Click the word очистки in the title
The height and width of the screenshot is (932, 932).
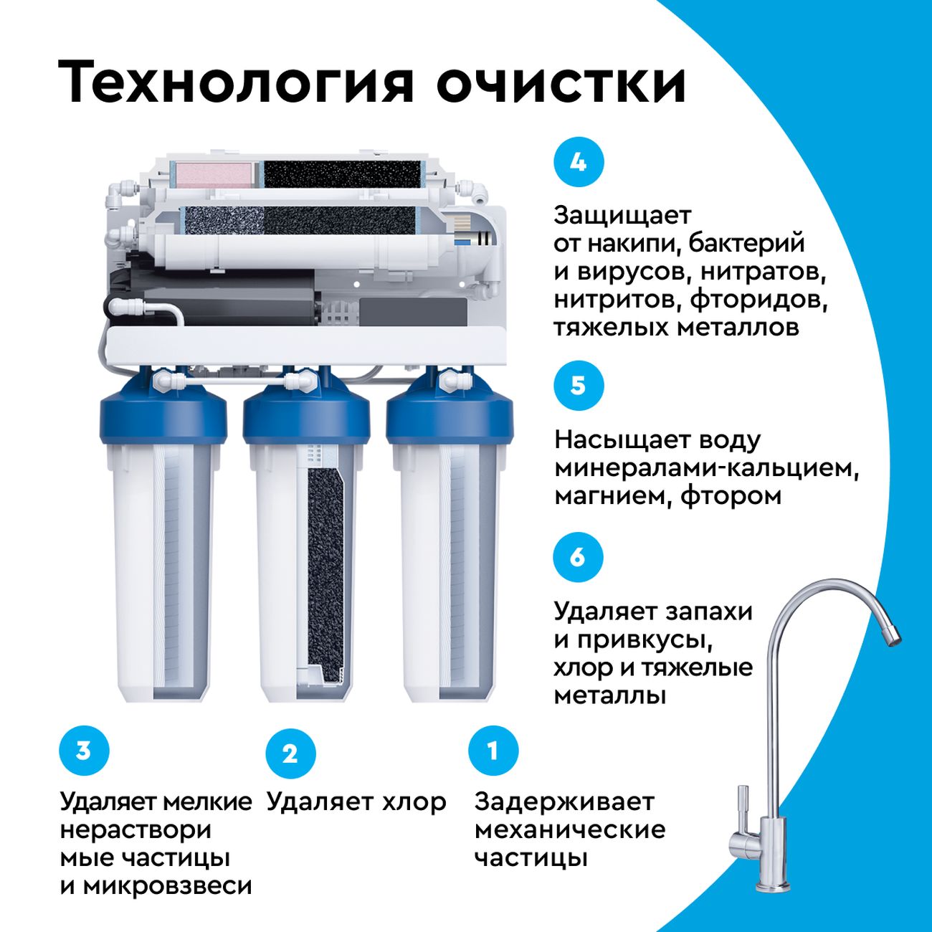(x=561, y=82)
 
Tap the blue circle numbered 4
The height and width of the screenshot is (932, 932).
(x=579, y=163)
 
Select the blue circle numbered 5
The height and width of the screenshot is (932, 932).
(x=579, y=386)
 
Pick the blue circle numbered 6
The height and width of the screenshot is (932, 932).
(x=578, y=558)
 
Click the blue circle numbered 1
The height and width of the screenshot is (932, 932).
(x=493, y=752)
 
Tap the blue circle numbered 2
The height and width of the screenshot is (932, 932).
(x=290, y=754)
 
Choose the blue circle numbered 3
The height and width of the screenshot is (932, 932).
(x=84, y=751)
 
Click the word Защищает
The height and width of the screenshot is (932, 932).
(x=623, y=216)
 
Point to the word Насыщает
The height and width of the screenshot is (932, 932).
(x=616, y=440)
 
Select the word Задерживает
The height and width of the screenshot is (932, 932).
(x=564, y=802)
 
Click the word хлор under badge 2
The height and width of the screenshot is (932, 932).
(x=414, y=802)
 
